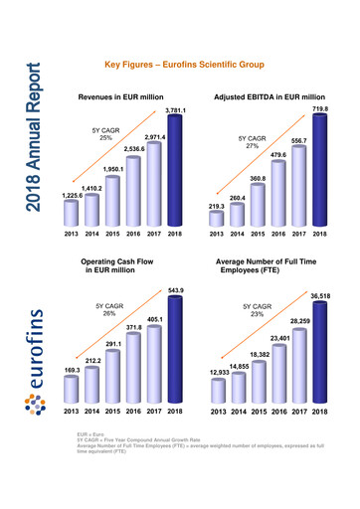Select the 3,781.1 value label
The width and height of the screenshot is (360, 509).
click(x=176, y=109)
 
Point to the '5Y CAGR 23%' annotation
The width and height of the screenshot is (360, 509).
click(x=257, y=310)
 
